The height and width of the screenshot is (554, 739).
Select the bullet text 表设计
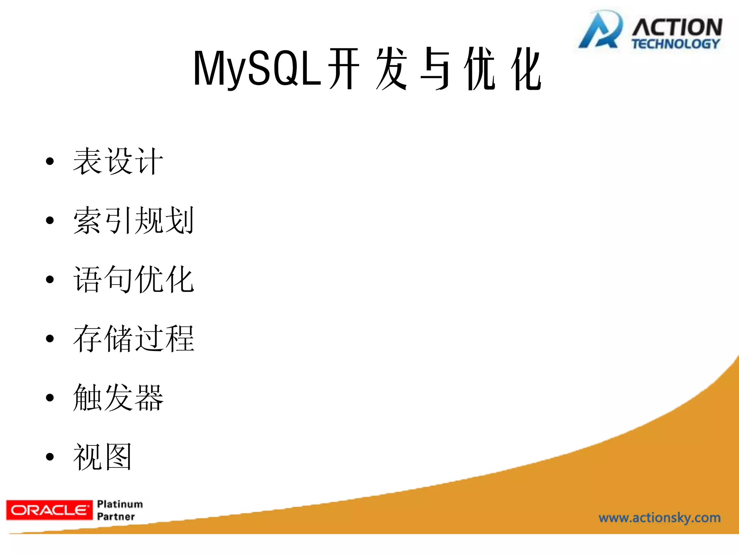pyautogui.click(x=118, y=161)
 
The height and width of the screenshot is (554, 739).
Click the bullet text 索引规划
pyautogui.click(x=134, y=220)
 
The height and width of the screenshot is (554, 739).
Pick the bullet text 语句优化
pyautogui.click(x=134, y=279)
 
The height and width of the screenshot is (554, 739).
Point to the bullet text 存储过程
pyautogui.click(x=134, y=338)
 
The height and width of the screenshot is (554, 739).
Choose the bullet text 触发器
pyautogui.click(x=118, y=397)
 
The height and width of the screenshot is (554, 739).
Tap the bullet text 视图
pyautogui.click(x=103, y=457)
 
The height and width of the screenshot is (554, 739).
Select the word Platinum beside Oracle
pyautogui.click(x=120, y=504)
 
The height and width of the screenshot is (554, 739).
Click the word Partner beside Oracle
pyautogui.click(x=116, y=516)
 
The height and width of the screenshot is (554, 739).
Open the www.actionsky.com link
pyautogui.click(x=659, y=518)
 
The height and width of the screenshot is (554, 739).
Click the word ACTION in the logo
pyautogui.click(x=677, y=27)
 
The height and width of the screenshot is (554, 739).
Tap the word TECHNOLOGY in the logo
pyautogui.click(x=675, y=44)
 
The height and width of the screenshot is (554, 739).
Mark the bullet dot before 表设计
pyautogui.click(x=50, y=161)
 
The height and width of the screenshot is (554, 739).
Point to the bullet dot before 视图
pyautogui.click(x=50, y=457)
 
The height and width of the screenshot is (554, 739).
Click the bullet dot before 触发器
pyautogui.click(x=50, y=398)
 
